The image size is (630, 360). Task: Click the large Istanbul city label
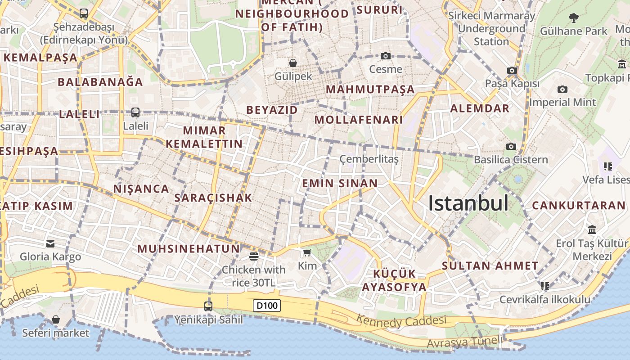point(468,203)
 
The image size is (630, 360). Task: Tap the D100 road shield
point(267,306)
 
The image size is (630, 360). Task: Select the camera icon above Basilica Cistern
point(511,146)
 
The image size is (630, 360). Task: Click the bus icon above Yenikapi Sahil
point(208,306)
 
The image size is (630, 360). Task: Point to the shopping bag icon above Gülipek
point(293,63)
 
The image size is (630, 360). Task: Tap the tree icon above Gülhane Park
point(573,18)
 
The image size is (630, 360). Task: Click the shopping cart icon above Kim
point(307,253)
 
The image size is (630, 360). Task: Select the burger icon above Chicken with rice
point(254,256)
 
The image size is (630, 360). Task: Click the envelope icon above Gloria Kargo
point(50,244)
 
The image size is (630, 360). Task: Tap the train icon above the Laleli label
point(135,112)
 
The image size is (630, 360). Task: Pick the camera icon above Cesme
point(386,56)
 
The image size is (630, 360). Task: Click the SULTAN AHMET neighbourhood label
point(490,266)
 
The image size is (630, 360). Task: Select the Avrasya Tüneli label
point(464,342)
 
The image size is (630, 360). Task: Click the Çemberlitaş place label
point(369,159)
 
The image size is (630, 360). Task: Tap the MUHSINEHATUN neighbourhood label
point(189,249)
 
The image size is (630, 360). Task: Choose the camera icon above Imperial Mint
point(562,89)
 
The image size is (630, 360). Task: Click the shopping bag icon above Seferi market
point(56,319)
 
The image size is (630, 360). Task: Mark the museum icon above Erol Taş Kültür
point(592,229)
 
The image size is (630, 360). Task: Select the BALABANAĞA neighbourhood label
point(100,82)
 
